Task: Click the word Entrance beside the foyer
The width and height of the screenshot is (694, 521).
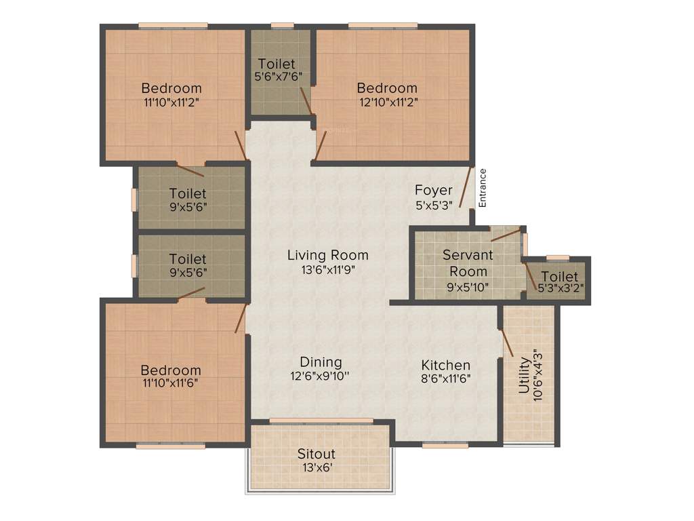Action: (x=483, y=187)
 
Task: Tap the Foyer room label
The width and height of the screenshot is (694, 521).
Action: (x=434, y=191)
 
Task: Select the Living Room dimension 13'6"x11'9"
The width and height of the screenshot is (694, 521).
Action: (x=328, y=269)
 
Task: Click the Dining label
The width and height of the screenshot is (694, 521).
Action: (x=321, y=362)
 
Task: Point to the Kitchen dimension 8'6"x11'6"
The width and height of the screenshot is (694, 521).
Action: (x=445, y=379)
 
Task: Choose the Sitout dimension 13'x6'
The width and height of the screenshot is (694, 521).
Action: (x=317, y=467)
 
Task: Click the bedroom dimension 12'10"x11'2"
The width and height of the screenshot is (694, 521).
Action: (x=387, y=102)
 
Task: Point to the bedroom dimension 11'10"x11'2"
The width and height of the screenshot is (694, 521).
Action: (x=171, y=102)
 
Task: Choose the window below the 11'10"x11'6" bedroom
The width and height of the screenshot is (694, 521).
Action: (x=170, y=446)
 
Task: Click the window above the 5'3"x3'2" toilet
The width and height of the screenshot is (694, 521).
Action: (x=557, y=258)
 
